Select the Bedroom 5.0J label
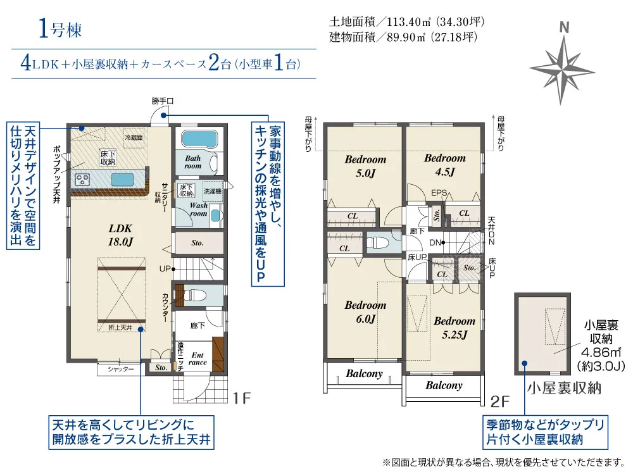365,166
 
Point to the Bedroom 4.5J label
444,165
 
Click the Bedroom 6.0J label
365,312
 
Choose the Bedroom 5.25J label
454,327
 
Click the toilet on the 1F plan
196,294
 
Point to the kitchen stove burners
84,180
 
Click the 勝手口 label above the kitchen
162,101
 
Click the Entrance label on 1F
197,359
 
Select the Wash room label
198,209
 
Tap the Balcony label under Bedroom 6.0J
365,373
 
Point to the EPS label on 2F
439,193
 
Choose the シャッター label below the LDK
120,368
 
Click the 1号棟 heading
60,28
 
